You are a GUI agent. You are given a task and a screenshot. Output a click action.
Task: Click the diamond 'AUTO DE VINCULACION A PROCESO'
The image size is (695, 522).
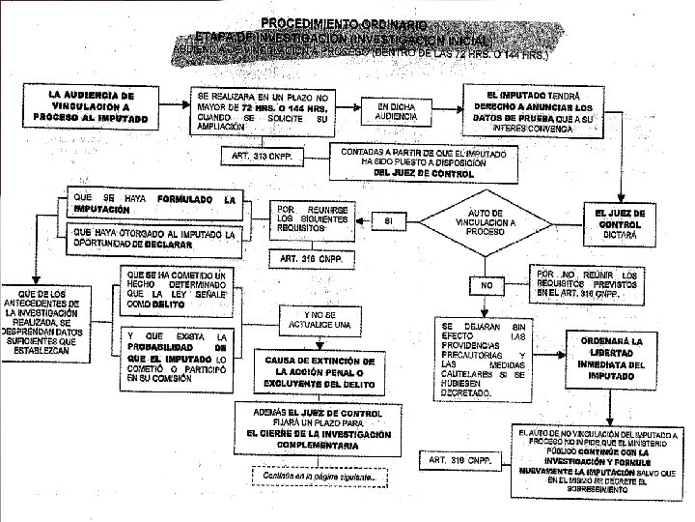click(x=485, y=223)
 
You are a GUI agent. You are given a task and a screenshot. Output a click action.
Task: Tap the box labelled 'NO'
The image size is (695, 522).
click(x=486, y=286)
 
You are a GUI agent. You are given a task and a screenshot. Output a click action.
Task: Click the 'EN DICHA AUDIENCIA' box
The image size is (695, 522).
click(x=397, y=111)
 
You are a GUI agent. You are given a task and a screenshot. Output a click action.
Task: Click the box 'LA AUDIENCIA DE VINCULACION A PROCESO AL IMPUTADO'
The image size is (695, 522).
click(x=91, y=107)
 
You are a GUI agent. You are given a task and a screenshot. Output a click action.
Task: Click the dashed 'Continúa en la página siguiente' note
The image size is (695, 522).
click(x=320, y=477)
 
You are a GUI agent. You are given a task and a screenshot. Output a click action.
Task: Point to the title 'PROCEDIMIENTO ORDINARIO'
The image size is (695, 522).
click(x=343, y=23)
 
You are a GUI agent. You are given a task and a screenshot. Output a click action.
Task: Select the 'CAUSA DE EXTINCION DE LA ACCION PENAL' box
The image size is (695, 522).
click(x=320, y=371)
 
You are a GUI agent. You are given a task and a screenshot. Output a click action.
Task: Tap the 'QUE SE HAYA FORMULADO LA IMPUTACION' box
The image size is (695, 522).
click(x=154, y=204)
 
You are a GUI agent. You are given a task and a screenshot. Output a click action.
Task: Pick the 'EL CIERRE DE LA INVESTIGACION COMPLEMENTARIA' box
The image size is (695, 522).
click(x=320, y=429)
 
